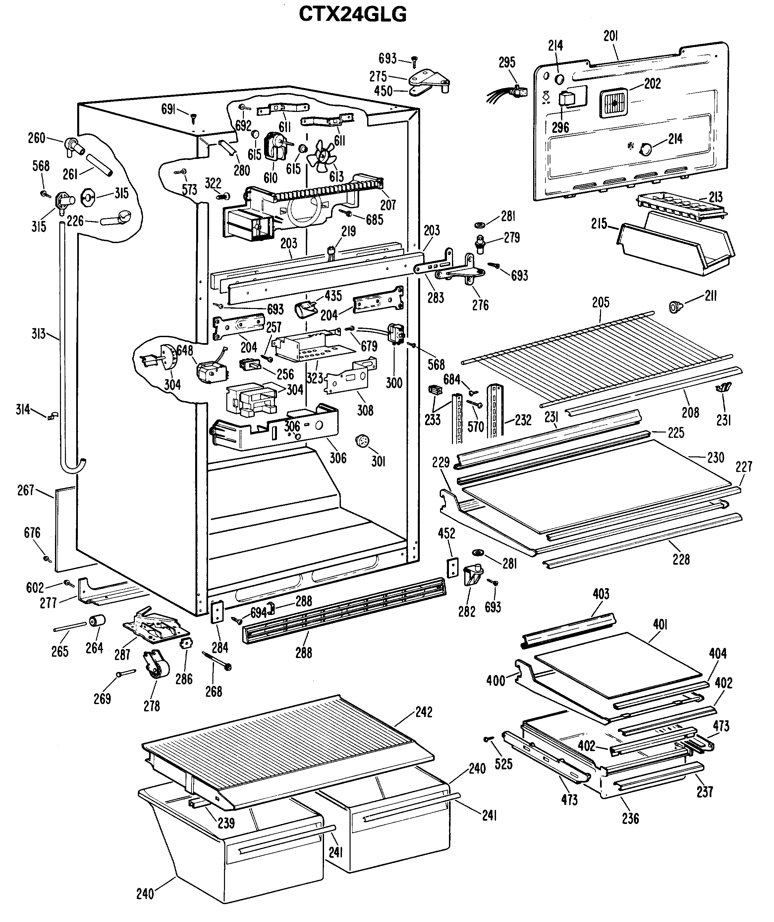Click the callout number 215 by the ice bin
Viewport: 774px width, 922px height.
599,224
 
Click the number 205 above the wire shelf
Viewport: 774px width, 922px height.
600,302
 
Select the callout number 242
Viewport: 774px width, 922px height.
423,712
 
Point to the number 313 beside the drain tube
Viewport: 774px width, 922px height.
39,334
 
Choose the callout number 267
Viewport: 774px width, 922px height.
26,490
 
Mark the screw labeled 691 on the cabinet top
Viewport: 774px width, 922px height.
193,117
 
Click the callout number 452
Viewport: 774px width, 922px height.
446,534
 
